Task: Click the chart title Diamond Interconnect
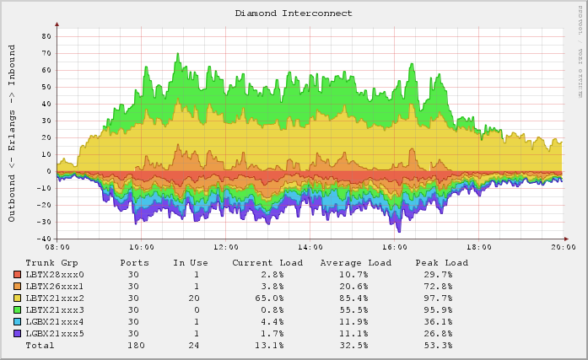294,13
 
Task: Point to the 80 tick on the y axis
46,36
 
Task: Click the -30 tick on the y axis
44,222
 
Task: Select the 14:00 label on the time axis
310,248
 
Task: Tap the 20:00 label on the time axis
564,248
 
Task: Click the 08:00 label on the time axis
57,248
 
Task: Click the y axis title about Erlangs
13,134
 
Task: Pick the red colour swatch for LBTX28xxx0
18,275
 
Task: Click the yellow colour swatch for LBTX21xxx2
18,298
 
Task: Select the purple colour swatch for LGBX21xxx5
18,334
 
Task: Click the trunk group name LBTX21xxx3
55,310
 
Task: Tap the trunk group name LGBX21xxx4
55,322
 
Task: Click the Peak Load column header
441,263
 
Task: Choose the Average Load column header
355,263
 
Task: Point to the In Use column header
191,263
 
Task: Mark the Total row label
40,346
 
